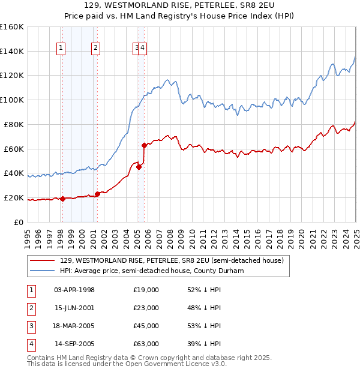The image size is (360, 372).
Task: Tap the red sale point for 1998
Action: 62,199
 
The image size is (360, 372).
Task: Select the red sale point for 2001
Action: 97,193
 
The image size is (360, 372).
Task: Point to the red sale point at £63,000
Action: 144,145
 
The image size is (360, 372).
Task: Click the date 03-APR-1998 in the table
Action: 74,290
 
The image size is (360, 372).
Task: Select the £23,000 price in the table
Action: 146,308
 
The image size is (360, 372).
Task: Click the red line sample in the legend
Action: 42,260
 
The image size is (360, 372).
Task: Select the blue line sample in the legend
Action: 42,271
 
